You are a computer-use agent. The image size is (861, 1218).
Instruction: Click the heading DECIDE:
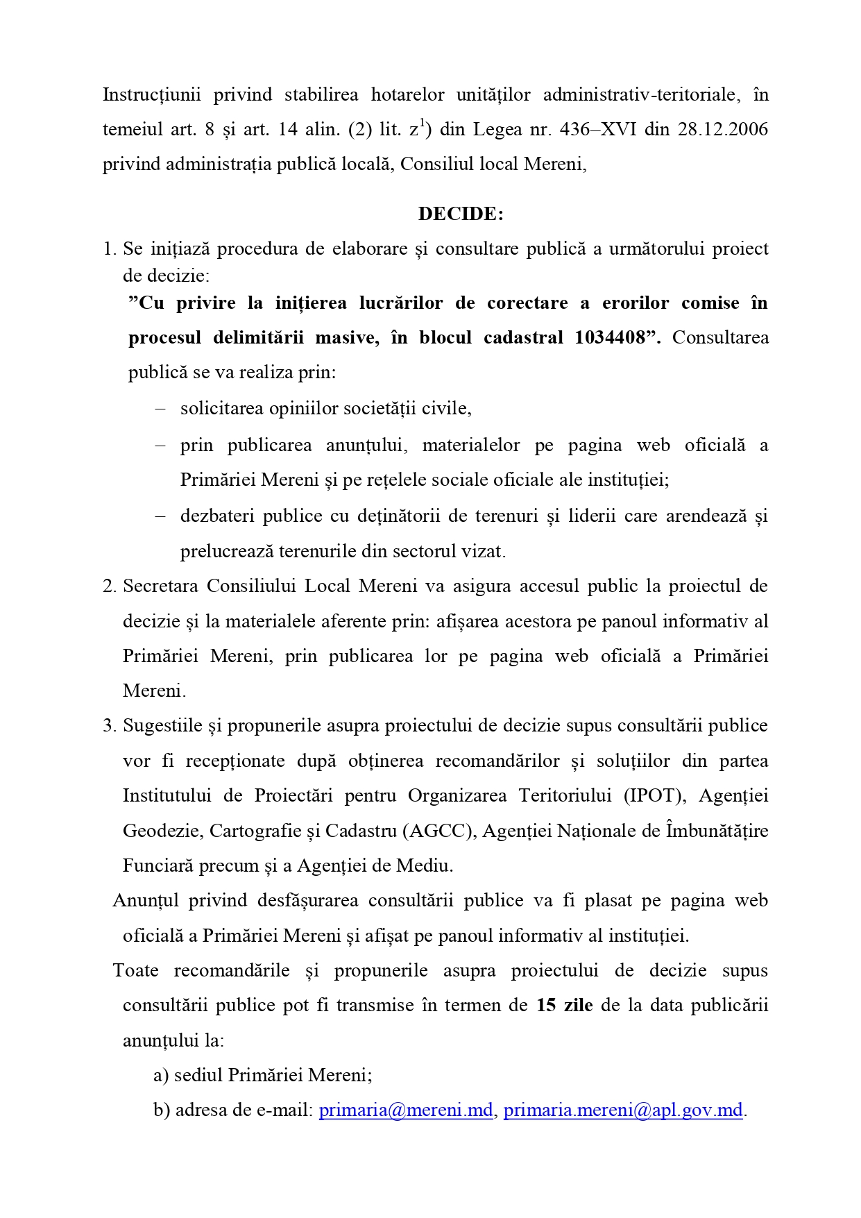coord(461,214)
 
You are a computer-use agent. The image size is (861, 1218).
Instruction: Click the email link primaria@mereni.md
coord(406,1110)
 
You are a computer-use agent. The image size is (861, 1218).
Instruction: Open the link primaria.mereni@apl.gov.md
coord(623,1110)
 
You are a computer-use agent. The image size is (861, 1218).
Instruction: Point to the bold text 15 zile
coord(564,1006)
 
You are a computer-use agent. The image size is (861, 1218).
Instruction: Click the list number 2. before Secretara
coord(110,586)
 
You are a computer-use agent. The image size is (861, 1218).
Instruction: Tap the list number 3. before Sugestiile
coord(110,726)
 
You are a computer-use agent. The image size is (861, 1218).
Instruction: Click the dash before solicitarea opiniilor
coord(160,409)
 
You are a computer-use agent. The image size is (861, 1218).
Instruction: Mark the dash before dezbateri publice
coord(160,516)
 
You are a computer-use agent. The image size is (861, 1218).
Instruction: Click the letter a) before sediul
coord(161,1076)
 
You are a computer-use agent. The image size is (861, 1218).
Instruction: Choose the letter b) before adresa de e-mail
coord(162,1110)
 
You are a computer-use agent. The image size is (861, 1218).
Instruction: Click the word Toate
coord(136,971)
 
